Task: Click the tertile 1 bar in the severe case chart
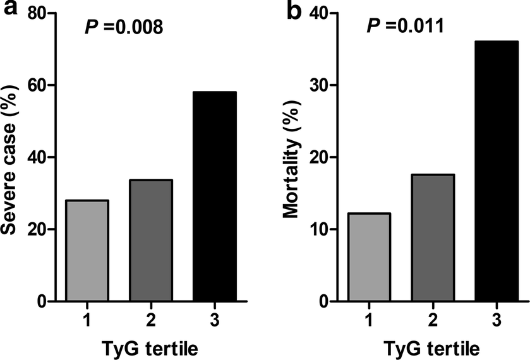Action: pyautogui.click(x=87, y=251)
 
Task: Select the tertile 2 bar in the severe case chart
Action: pyautogui.click(x=150, y=241)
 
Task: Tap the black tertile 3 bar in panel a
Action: pyautogui.click(x=215, y=196)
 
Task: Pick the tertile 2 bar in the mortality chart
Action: pyautogui.click(x=432, y=238)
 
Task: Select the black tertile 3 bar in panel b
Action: pyautogui.click(x=497, y=171)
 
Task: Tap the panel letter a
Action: pyautogui.click(x=9, y=11)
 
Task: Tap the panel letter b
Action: pyautogui.click(x=294, y=11)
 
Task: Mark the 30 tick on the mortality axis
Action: pyautogui.click(x=321, y=85)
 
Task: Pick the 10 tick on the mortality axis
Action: pyautogui.click(x=321, y=229)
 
